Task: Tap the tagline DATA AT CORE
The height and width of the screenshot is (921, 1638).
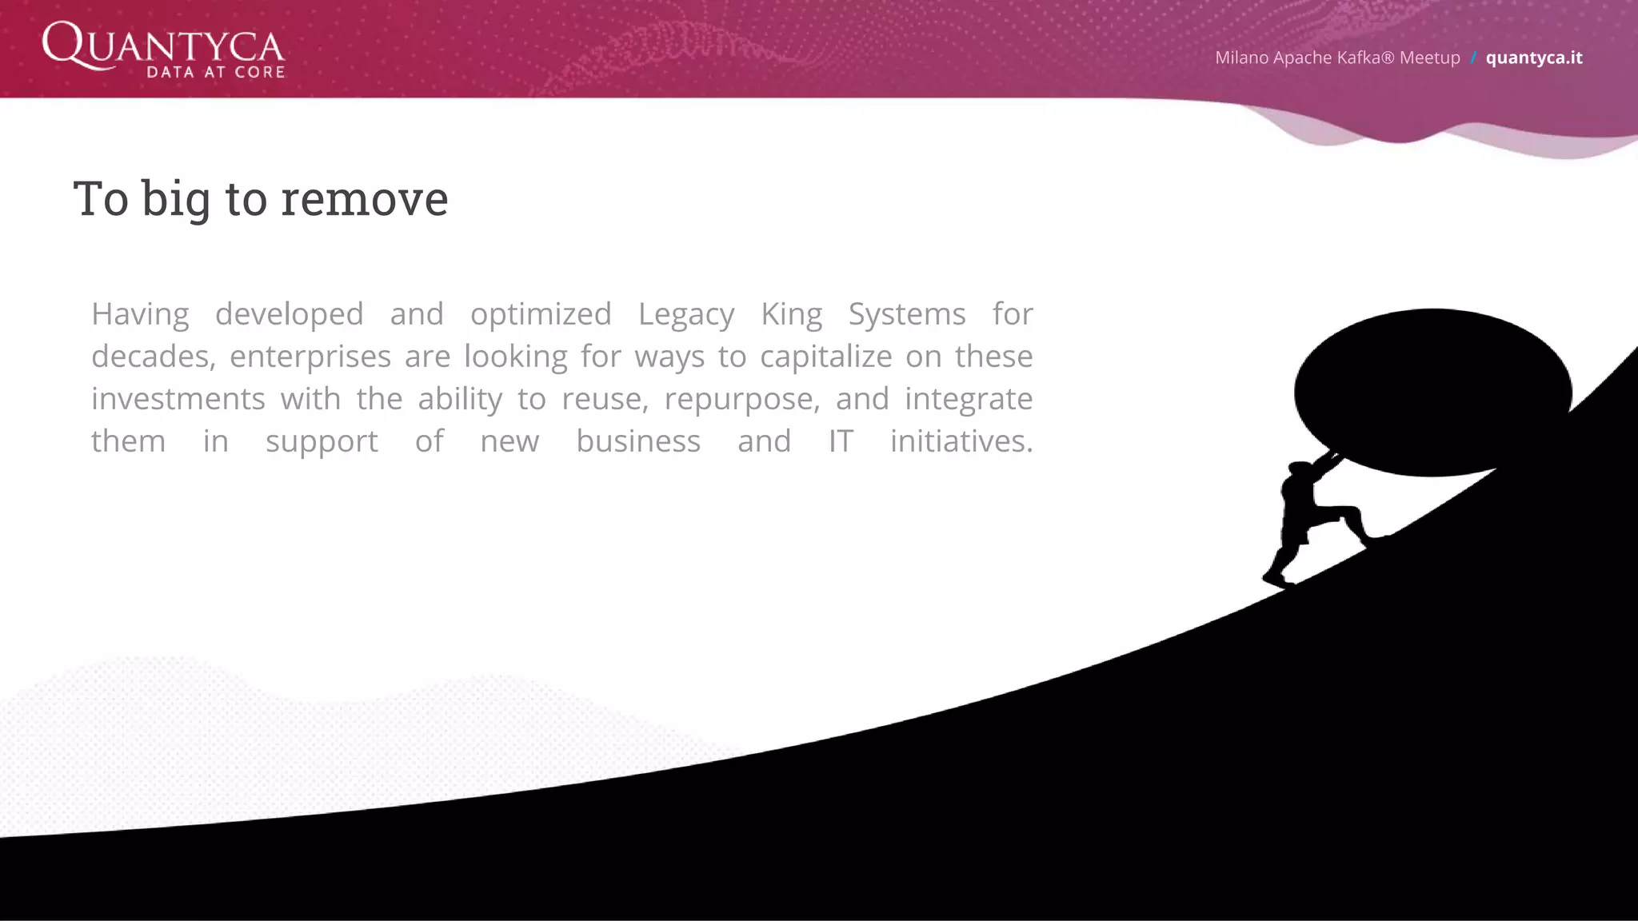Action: click(216, 72)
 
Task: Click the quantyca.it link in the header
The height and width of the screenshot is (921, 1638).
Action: click(1533, 58)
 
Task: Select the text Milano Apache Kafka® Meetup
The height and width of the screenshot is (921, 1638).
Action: click(1337, 58)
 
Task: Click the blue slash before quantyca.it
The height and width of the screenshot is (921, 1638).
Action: click(1473, 58)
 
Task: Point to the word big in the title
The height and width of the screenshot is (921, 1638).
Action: click(176, 200)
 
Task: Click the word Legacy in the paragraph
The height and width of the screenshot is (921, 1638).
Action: click(685, 315)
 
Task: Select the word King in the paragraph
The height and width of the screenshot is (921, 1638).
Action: click(791, 315)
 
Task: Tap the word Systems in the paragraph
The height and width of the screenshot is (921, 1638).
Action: click(906, 315)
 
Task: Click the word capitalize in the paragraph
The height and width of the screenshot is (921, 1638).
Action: click(825, 357)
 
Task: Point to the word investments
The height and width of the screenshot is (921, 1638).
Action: click(178, 399)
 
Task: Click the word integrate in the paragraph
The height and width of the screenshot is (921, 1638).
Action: click(968, 400)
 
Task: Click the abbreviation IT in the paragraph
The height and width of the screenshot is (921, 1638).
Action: click(841, 441)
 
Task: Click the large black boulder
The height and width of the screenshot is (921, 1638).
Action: click(1432, 392)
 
